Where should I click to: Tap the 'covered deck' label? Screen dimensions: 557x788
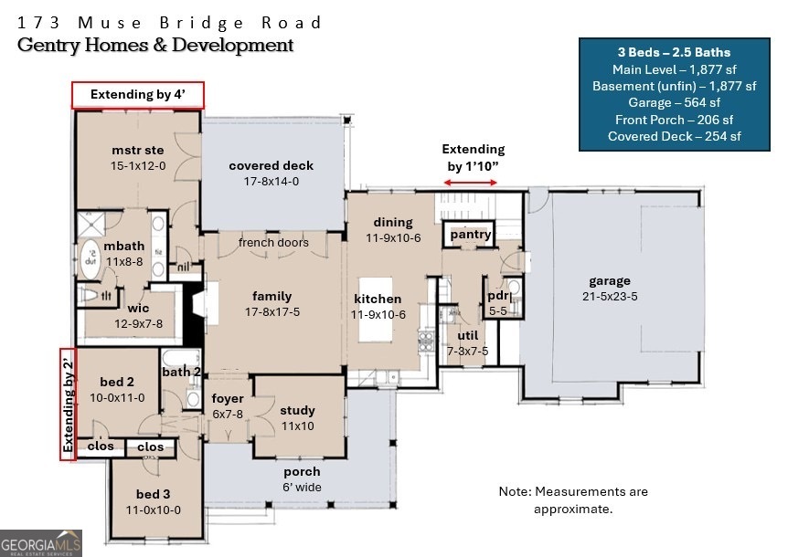(271, 165)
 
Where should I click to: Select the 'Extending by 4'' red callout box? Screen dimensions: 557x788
(138, 95)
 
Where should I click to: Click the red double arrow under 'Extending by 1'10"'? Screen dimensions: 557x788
(473, 183)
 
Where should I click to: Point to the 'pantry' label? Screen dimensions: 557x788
(471, 235)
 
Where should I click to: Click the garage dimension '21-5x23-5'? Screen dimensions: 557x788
(610, 296)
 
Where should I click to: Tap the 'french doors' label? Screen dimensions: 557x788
(273, 242)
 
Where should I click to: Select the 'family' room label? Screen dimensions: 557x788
(272, 296)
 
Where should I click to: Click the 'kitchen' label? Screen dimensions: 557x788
(378, 299)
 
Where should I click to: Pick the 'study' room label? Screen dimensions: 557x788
(297, 410)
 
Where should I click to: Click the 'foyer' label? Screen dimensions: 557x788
(228, 398)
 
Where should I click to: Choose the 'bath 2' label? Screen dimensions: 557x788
(182, 371)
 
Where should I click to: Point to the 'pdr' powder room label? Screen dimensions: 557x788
(498, 296)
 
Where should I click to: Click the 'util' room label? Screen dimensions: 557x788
(467, 335)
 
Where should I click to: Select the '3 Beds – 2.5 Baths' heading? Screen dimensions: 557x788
(672, 52)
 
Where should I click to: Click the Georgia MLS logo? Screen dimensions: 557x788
(41, 542)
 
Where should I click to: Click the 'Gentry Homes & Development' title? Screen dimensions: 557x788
(156, 45)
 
